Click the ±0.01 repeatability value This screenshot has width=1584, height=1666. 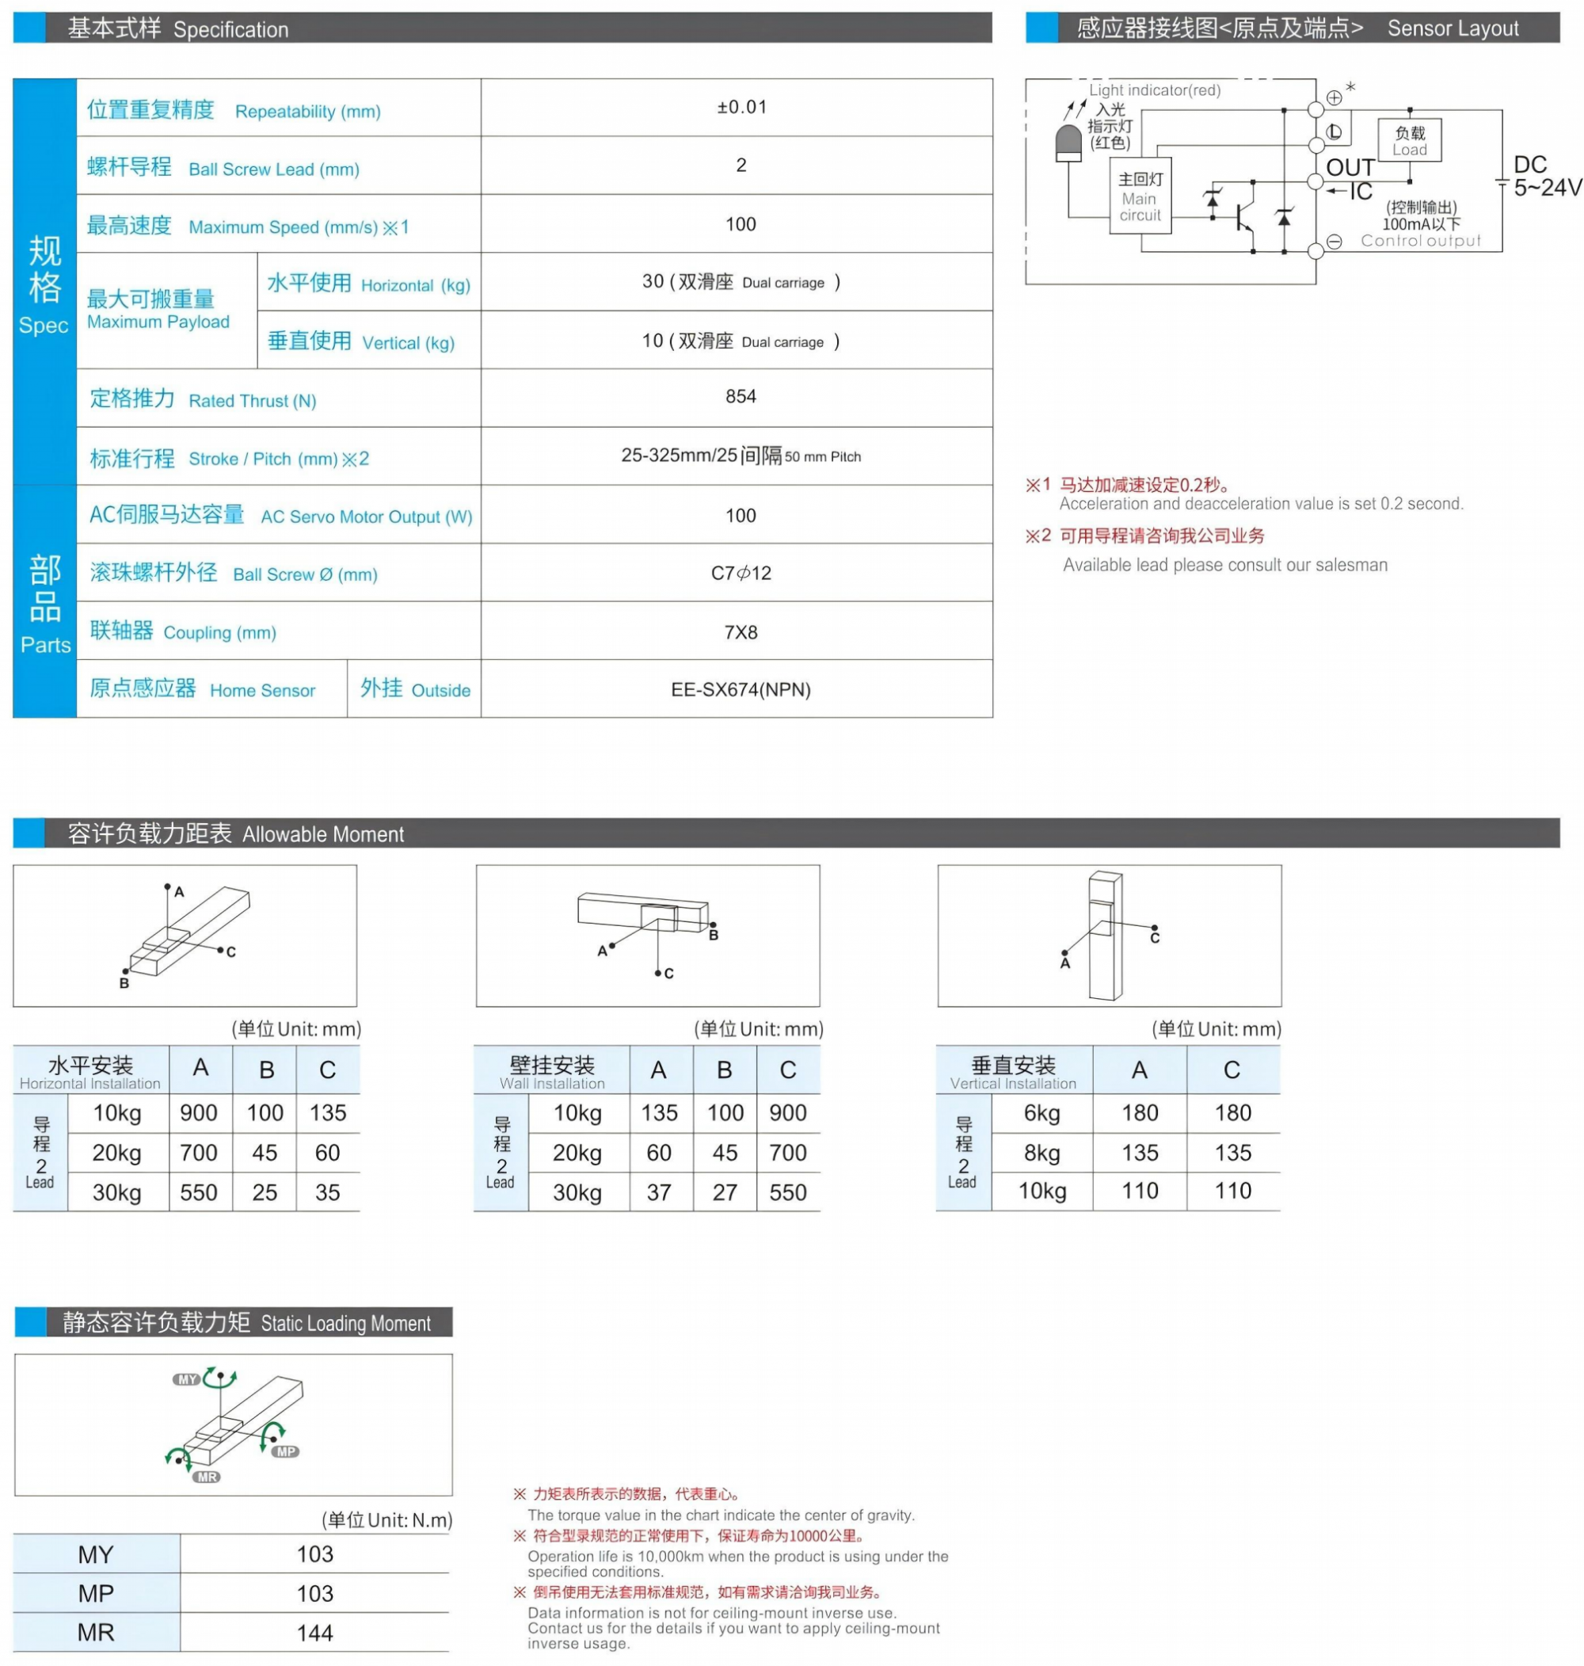click(x=741, y=107)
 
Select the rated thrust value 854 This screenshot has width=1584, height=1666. click(x=741, y=396)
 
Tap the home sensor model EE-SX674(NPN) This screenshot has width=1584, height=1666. click(x=741, y=690)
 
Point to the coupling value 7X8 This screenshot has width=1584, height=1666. click(x=741, y=632)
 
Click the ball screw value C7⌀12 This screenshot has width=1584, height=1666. click(x=741, y=574)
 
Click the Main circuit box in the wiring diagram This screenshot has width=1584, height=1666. click(x=1140, y=196)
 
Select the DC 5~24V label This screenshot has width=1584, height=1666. click(x=1544, y=177)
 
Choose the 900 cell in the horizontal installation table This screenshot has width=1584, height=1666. click(x=200, y=1113)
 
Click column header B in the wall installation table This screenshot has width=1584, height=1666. click(x=725, y=1069)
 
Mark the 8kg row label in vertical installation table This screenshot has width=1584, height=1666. click(x=1042, y=1153)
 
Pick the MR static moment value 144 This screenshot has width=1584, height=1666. click(x=315, y=1632)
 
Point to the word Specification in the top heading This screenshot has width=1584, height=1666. click(x=230, y=29)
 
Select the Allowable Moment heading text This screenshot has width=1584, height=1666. click(x=322, y=834)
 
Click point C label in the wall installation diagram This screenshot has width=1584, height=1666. click(x=668, y=974)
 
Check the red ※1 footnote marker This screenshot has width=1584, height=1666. click(x=1038, y=485)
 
